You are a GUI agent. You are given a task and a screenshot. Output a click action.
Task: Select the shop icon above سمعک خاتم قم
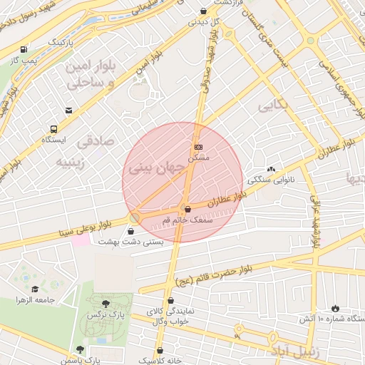point(187,210)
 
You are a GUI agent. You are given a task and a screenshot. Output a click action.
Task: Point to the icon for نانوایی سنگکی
point(270,169)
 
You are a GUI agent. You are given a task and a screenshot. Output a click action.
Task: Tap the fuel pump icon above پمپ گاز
point(25,50)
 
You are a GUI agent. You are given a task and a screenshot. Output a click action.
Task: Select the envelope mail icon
point(68,110)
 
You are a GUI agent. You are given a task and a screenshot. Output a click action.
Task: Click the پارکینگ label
point(61,43)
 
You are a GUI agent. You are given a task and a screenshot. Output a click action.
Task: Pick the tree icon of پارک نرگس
point(106,304)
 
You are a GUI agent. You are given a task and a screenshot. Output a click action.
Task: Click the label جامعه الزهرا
point(36,300)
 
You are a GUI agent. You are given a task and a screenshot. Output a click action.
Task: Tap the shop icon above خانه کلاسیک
point(160,350)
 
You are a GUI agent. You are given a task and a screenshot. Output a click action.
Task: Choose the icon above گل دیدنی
point(205,11)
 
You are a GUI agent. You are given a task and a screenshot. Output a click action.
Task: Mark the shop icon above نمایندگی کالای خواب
point(170,302)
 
